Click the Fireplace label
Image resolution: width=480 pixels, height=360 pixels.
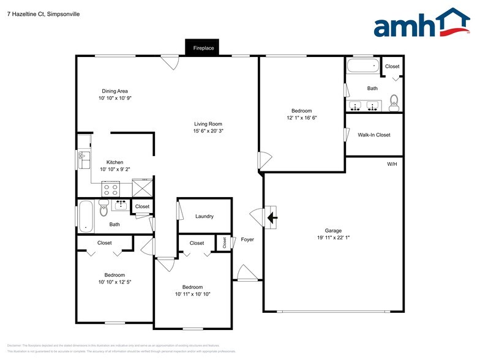coord(203,48)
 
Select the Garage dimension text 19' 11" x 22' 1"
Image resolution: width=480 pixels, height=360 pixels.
coord(333,238)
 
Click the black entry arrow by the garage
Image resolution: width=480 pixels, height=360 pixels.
coord(271,217)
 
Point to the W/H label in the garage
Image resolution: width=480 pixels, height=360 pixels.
coord(392,165)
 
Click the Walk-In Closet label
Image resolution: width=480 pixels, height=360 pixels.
coord(373,135)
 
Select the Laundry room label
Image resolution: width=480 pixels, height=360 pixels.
coord(204,217)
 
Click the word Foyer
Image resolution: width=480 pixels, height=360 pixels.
coord(247,239)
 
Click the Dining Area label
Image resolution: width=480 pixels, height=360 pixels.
coord(114,91)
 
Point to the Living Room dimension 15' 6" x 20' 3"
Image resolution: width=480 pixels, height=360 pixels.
coord(208,131)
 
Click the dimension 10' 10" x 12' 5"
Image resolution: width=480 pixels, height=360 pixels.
coord(114,282)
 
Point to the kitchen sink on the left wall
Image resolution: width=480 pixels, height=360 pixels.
coord(83,160)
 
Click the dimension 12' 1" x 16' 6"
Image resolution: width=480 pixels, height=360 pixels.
coord(301,118)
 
